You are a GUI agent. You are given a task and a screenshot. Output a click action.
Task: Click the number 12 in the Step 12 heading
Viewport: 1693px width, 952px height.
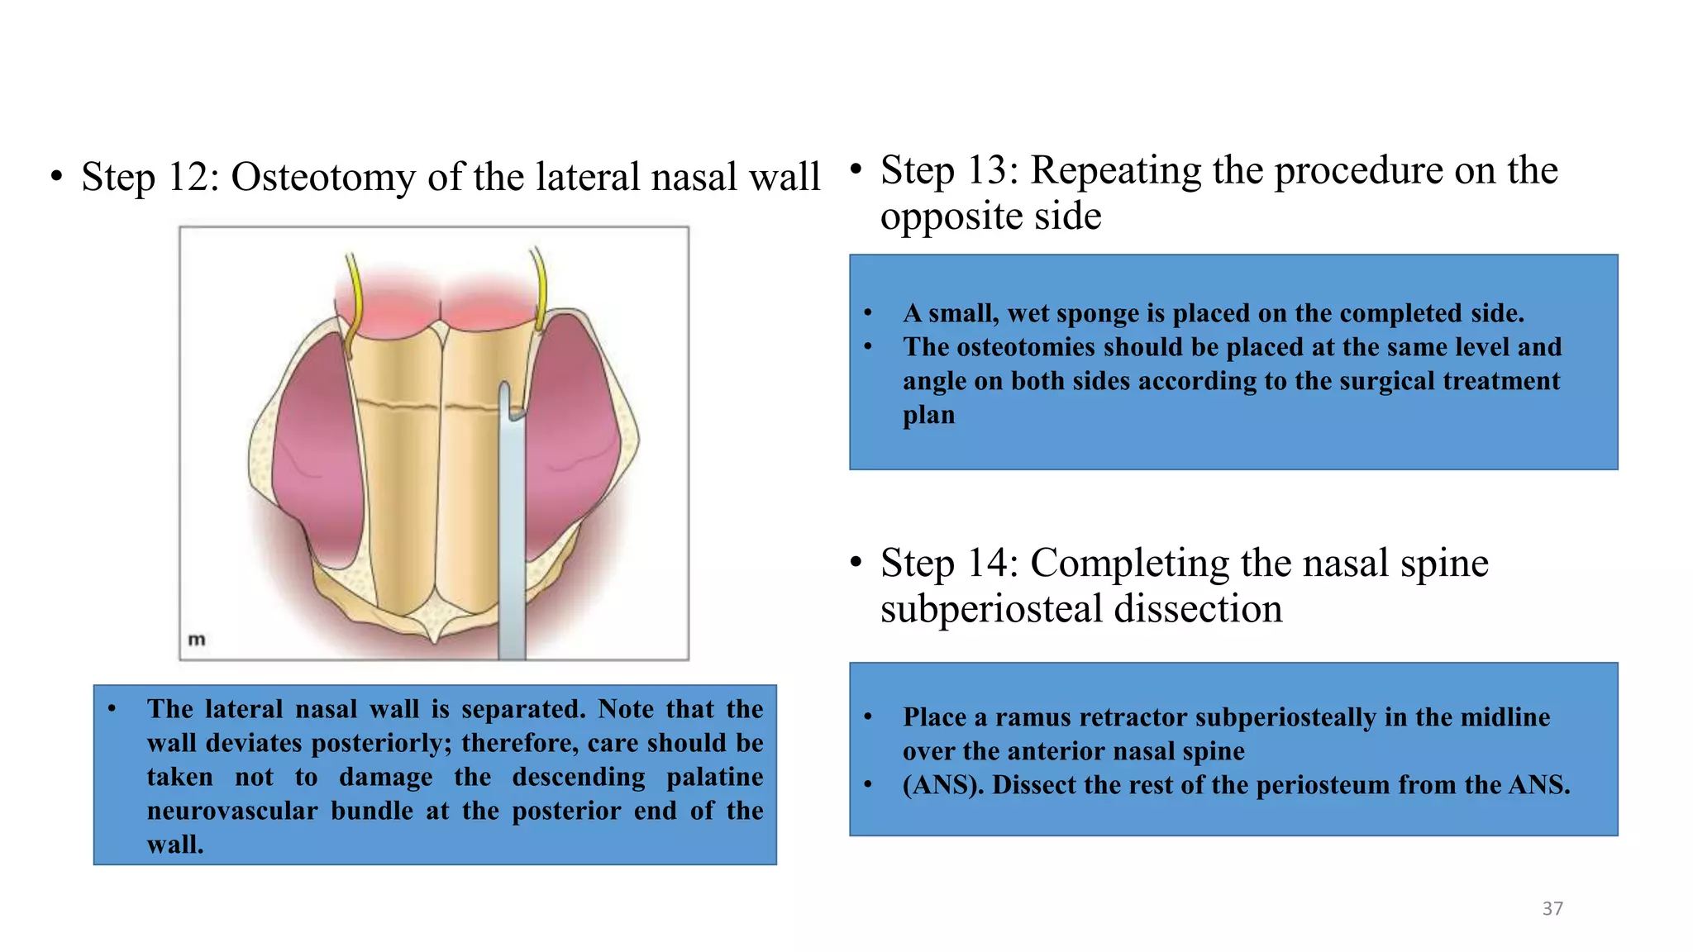coord(193,177)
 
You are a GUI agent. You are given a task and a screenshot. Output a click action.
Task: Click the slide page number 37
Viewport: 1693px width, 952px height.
coord(1552,909)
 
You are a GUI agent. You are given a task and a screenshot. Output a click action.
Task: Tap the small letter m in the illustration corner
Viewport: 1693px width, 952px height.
coord(197,639)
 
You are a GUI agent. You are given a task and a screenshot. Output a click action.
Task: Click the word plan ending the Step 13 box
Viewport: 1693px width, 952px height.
coord(928,415)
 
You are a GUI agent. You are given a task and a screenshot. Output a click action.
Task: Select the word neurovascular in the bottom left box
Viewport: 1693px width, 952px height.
coord(232,812)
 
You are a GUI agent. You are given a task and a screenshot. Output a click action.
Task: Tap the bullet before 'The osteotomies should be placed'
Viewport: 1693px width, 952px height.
coord(868,347)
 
